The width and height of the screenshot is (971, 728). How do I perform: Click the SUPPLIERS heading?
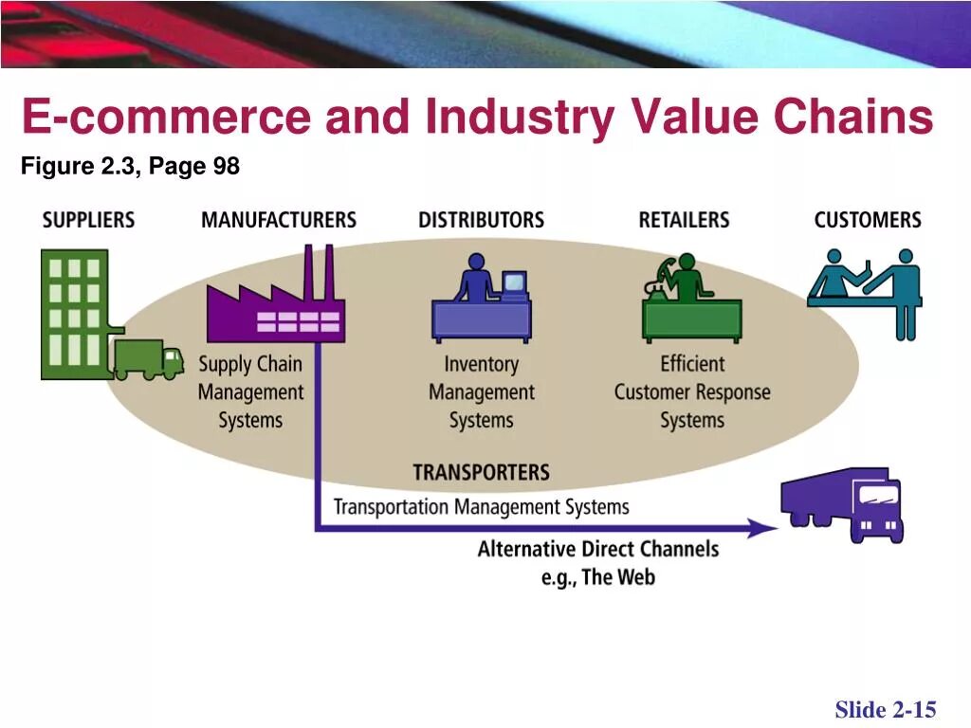tap(88, 220)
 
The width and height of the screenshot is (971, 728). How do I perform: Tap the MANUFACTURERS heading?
tap(278, 220)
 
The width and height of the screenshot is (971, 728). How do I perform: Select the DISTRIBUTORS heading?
tap(481, 220)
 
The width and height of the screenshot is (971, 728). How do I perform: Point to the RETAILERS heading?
tap(684, 220)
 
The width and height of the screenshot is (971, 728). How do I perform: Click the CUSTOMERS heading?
tap(867, 220)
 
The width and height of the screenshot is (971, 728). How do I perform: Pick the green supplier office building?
tap(74, 313)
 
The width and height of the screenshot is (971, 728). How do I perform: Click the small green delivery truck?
tap(148, 359)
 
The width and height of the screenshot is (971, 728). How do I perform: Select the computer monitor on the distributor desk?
tap(514, 283)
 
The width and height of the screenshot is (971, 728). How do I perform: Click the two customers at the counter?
tap(865, 289)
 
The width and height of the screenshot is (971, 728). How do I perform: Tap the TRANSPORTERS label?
tap(481, 472)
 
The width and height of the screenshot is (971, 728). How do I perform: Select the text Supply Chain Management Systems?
tap(250, 391)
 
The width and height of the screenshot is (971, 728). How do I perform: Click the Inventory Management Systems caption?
tap(481, 391)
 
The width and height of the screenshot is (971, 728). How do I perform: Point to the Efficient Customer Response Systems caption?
tap(691, 391)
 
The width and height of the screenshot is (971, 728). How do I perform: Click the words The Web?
tap(618, 577)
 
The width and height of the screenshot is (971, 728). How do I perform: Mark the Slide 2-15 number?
tap(885, 709)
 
